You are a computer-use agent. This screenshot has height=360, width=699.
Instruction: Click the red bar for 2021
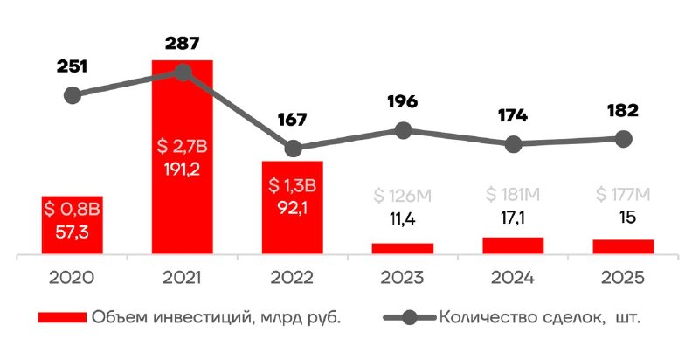coord(182,157)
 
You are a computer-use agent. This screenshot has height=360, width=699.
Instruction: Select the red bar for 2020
coord(73,225)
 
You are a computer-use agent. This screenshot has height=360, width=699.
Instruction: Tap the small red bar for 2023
coord(402,249)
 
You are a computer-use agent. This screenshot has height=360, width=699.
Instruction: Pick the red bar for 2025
coord(622,247)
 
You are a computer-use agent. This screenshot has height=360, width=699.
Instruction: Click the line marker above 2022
coord(294,149)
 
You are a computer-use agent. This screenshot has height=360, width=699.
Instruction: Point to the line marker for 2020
coord(73,94)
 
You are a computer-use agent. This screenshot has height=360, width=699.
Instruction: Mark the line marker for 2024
coord(514,144)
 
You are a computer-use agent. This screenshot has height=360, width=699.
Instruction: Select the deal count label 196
coord(402,101)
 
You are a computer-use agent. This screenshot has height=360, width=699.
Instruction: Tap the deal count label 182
coord(622,110)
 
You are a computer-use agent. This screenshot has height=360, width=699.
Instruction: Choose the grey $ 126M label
coord(402,192)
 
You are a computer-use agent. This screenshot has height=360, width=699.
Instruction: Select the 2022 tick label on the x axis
coord(293,278)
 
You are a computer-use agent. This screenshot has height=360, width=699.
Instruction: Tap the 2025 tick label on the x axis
coord(622,278)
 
